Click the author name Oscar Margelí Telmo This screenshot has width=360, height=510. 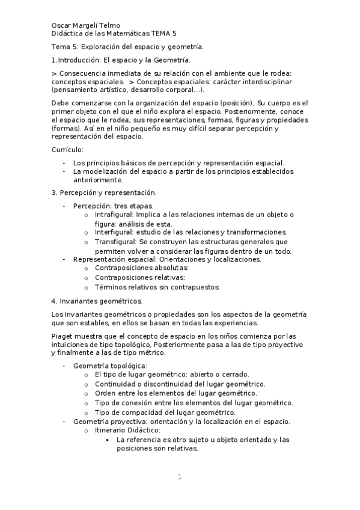click(x=86, y=26)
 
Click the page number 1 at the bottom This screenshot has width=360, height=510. click(x=179, y=477)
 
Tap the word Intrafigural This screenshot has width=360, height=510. click(x=114, y=215)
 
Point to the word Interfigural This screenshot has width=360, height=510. click(x=114, y=232)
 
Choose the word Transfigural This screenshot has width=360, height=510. click(x=115, y=241)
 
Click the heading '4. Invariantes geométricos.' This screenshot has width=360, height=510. click(x=97, y=300)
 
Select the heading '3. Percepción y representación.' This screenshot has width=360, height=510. click(x=104, y=192)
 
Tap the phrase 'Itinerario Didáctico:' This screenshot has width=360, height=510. click(x=127, y=431)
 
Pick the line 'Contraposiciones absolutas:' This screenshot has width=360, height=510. click(x=141, y=268)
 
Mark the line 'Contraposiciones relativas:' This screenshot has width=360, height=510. click(x=139, y=277)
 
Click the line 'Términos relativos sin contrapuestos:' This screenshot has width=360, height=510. click(x=157, y=287)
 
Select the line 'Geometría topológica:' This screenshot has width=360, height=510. click(x=110, y=366)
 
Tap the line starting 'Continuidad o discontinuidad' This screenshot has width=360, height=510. click(x=180, y=384)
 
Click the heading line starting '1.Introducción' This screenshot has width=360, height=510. click(x=121, y=60)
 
